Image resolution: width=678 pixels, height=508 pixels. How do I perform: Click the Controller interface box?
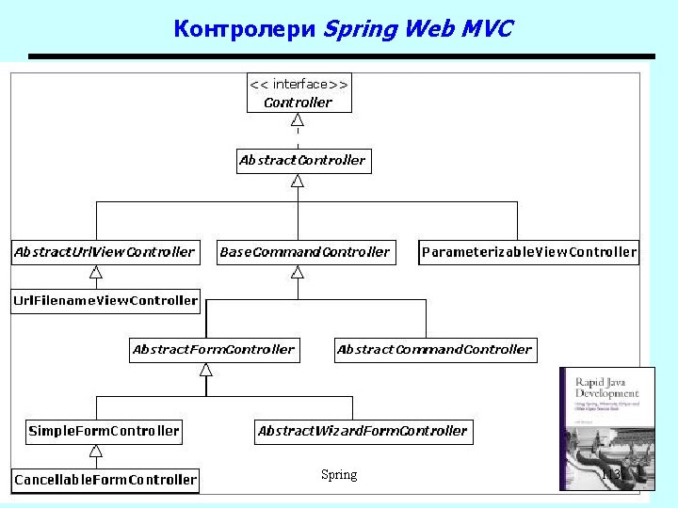[299, 93]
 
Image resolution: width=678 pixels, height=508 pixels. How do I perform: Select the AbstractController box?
[301, 160]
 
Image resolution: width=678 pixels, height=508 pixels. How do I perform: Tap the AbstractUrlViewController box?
[104, 251]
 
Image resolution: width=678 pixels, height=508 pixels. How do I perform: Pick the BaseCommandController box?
[304, 251]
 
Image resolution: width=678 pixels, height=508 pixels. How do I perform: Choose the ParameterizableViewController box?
[528, 251]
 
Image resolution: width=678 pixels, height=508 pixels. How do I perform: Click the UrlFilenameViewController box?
[105, 301]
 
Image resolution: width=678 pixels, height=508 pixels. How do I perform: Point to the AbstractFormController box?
[213, 349]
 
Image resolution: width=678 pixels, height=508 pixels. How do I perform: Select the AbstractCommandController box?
[434, 349]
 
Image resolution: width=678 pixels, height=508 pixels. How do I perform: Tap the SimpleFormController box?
[104, 431]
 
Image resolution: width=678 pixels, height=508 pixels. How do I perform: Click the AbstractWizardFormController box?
[363, 431]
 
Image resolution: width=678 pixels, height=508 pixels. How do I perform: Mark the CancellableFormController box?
[105, 480]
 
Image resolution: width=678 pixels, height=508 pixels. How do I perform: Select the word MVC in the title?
[487, 29]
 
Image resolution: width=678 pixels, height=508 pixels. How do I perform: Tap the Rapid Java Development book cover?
[606, 428]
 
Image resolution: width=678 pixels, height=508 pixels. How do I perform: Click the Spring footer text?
[339, 475]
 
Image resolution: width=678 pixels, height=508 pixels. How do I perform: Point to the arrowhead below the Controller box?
[298, 120]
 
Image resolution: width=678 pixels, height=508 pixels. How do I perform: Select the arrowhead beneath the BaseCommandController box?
[298, 273]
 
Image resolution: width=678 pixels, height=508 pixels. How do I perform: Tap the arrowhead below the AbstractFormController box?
[206, 370]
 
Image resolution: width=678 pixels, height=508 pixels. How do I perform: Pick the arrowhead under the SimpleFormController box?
[95, 453]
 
